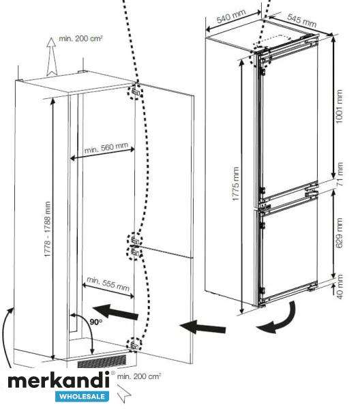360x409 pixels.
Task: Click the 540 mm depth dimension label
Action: click(x=231, y=16)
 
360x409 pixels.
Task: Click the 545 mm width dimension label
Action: click(x=302, y=20)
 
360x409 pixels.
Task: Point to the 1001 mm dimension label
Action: click(x=339, y=106)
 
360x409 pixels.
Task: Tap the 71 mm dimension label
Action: click(x=340, y=174)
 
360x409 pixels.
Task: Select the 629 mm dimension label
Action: click(x=339, y=233)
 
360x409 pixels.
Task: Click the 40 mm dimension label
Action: click(x=340, y=286)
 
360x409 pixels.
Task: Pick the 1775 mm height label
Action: click(x=235, y=184)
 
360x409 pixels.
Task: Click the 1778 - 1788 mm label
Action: click(x=48, y=229)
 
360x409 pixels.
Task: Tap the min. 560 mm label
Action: click(x=106, y=148)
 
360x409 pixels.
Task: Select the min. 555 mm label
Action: click(x=108, y=284)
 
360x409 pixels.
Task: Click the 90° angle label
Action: click(x=96, y=322)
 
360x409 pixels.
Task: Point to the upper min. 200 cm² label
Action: click(x=80, y=39)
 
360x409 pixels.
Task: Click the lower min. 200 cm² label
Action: click(x=139, y=376)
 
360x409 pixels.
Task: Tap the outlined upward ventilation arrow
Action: click(x=52, y=57)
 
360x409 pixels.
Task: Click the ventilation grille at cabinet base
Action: click(x=102, y=361)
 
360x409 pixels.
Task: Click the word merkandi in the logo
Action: click(x=59, y=381)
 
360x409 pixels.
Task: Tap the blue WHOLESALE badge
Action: click(x=82, y=397)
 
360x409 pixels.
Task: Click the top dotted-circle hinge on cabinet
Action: click(x=135, y=91)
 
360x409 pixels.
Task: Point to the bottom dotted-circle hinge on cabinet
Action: click(x=134, y=344)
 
